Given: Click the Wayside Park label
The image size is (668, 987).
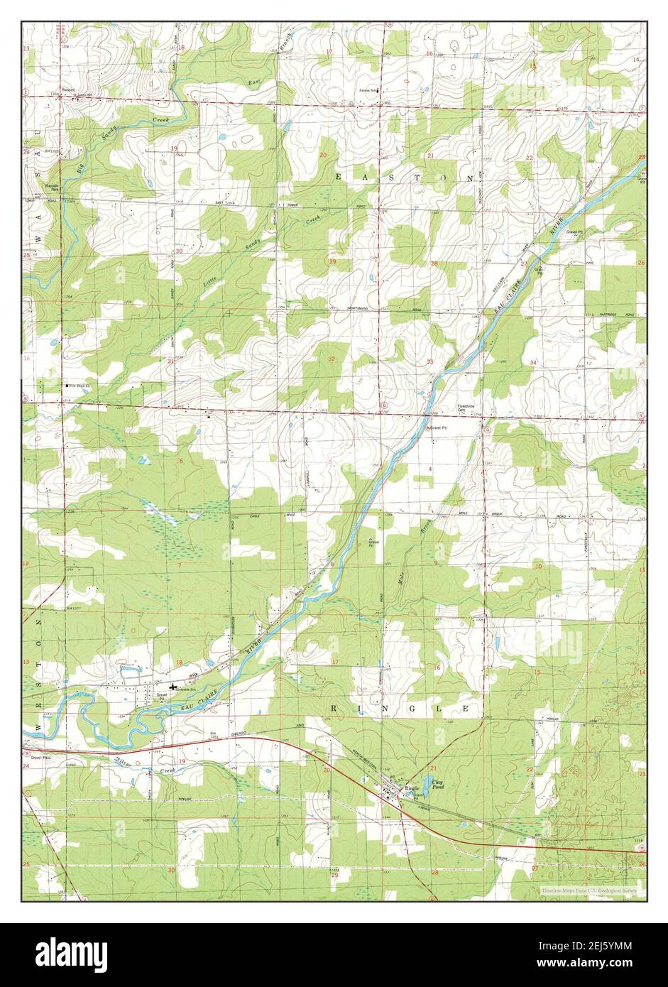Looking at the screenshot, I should (50, 189).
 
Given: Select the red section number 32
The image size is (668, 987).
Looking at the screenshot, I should (332, 360).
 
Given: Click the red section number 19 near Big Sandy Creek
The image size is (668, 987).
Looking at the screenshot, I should (174, 148).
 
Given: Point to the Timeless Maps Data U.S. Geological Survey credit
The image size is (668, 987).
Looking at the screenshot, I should (588, 890).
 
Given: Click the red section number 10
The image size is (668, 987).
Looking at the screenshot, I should (538, 566).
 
